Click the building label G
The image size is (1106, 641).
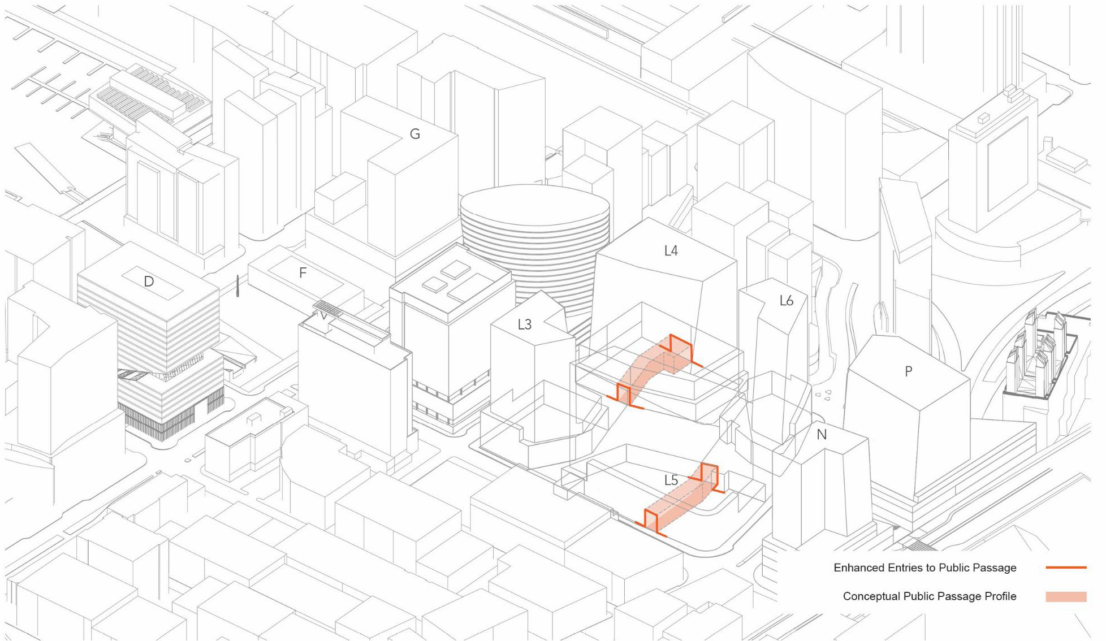pos(414,134)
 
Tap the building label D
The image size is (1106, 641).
pos(149,281)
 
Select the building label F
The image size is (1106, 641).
pos(303,273)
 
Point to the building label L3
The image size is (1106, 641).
pos(525,324)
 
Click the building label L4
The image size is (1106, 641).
pos(671,250)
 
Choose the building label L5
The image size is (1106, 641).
pos(671,480)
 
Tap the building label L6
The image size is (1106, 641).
pos(787,301)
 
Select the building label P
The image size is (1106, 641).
pos(908,371)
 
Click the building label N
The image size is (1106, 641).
pos(822,435)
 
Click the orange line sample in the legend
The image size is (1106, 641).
pos(1066,567)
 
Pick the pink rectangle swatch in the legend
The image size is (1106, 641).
pos(1066,596)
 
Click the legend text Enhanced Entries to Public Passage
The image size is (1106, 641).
pos(924,568)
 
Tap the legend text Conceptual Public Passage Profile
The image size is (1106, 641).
pos(929,596)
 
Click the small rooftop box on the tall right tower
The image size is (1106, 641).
pos(984,118)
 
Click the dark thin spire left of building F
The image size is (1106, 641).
pos(238,286)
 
